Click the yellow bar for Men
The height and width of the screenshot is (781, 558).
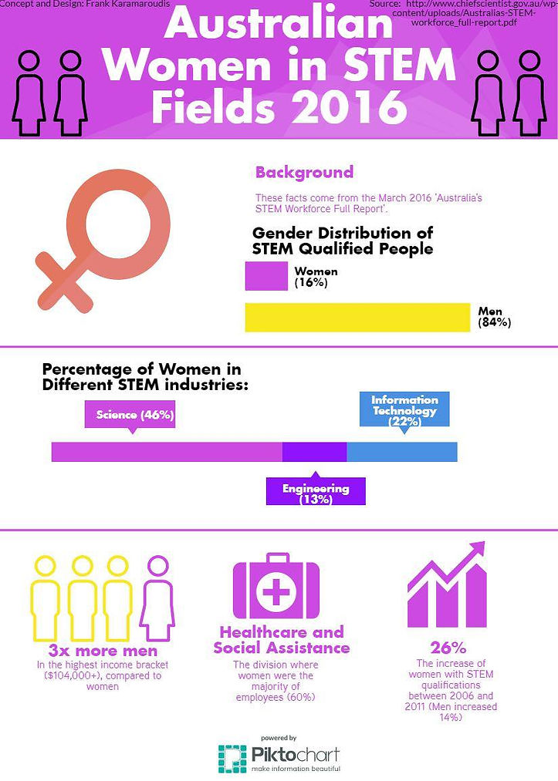[357, 317]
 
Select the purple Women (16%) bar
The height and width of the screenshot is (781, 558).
[265, 276]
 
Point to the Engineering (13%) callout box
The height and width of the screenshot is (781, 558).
[315, 492]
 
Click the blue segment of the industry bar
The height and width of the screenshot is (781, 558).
[401, 451]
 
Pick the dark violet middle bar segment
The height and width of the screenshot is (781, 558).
[314, 451]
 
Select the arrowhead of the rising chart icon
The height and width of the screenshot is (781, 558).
[475, 552]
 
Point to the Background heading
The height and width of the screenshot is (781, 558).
[304, 172]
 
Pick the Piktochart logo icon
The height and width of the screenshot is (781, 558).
[232, 757]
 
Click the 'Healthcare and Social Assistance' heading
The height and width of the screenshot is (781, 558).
[281, 640]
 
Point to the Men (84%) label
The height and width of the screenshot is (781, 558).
[494, 317]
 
